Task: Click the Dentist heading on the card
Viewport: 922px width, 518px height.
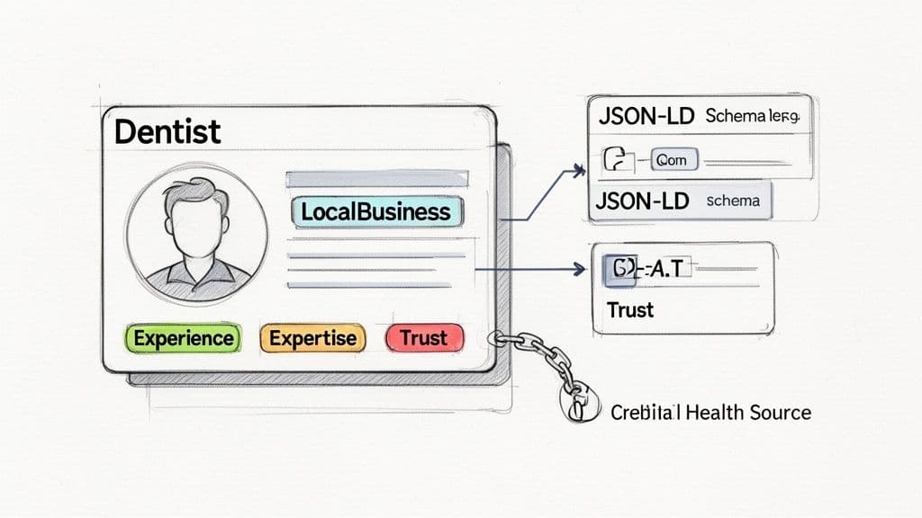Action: (167, 132)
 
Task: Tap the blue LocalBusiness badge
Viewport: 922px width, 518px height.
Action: (375, 212)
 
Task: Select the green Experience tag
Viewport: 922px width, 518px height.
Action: (183, 338)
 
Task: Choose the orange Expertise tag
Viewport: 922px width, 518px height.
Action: (313, 338)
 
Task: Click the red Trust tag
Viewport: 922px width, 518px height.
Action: (424, 338)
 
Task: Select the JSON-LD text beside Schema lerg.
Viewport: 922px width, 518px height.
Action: (645, 117)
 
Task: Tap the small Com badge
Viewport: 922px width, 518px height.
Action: (672, 160)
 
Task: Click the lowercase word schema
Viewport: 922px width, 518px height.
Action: (733, 201)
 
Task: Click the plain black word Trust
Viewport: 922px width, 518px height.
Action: (630, 309)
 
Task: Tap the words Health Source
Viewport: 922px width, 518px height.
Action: (747, 413)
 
